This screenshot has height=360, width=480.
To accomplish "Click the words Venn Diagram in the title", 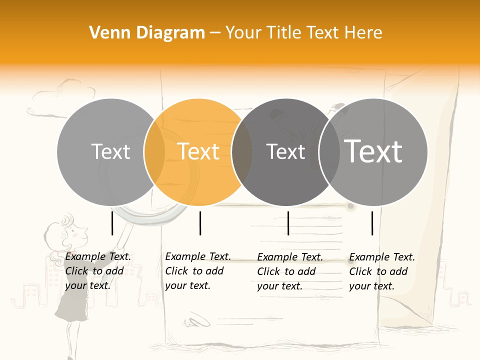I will (147, 33).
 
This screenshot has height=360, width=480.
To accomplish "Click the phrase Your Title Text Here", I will (303, 33).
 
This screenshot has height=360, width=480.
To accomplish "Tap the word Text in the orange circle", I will (198, 151).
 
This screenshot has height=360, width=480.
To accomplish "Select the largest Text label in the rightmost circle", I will (373, 151).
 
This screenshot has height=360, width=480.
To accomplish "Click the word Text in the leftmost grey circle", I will (111, 151).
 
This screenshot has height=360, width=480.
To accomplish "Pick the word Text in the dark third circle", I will (286, 151).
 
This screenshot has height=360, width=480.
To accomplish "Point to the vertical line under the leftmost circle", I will (112, 223).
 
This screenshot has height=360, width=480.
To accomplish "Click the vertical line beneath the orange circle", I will (200, 223).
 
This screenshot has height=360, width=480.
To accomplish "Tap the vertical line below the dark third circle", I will (288, 223).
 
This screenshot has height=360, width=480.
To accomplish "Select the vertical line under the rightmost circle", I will (372, 223).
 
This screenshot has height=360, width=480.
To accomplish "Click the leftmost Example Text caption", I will (97, 271).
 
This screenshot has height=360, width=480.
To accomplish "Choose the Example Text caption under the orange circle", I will (197, 271).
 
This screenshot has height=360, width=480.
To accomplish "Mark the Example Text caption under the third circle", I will (289, 271).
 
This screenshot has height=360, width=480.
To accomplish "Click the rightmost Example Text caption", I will (381, 271).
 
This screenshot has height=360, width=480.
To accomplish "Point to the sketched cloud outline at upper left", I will (75, 92).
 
